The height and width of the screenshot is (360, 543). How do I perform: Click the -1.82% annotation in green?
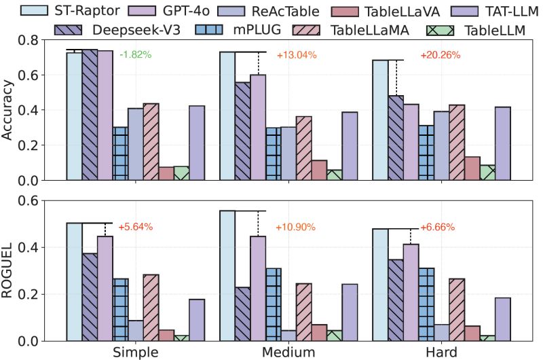(138, 55)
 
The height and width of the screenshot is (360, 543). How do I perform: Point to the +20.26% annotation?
(441, 55)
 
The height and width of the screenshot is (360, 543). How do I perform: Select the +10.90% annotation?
(295, 227)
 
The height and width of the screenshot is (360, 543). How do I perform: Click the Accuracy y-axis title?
(10, 111)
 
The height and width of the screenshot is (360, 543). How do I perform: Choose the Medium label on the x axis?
(288, 352)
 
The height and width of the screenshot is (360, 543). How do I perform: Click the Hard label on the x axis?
(441, 352)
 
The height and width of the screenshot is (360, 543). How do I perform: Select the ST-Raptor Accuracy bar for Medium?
(227, 115)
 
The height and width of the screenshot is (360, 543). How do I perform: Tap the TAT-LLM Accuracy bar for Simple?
(197, 143)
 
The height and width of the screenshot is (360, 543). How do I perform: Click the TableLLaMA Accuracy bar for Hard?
(457, 143)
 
